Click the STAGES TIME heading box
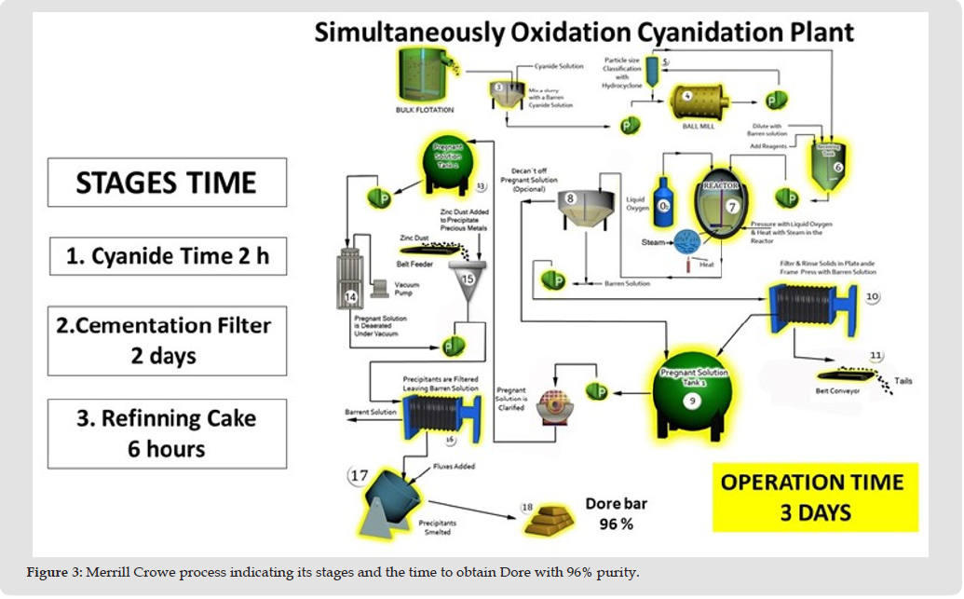167,182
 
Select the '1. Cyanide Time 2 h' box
167,256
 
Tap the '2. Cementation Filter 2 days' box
167,340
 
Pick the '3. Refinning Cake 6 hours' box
167,433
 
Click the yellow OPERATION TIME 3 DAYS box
811,497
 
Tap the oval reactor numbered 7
724,207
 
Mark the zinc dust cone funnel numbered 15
468,283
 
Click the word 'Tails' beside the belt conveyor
903,381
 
